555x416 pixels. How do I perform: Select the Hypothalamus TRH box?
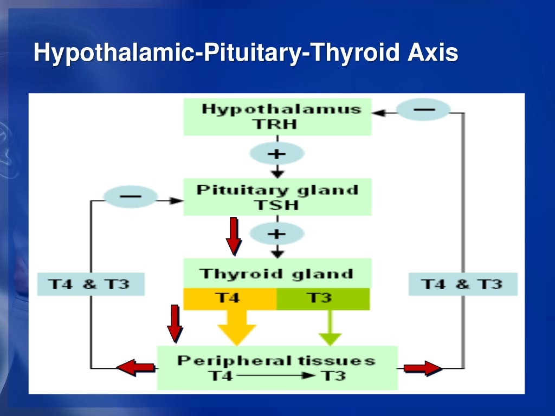coord(277,116)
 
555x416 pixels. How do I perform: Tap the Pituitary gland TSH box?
coord(277,197)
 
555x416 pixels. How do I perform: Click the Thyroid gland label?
coord(277,274)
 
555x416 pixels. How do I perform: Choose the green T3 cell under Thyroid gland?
coord(323,298)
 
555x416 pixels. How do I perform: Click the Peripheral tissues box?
coord(277,368)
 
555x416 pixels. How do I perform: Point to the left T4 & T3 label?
coord(91,284)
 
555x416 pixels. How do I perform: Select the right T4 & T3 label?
coord(462,284)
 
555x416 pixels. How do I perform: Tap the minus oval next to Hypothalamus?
coord(423,110)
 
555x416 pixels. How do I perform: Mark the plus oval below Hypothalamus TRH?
coord(276,154)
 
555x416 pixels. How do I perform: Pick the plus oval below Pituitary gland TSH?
coord(276,234)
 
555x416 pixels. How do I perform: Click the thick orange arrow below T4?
coord(236,327)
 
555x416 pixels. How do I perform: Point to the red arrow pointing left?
coord(135,368)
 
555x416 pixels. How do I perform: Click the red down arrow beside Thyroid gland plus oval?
coord(233,236)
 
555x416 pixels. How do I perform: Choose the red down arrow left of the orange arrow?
coord(175,323)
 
